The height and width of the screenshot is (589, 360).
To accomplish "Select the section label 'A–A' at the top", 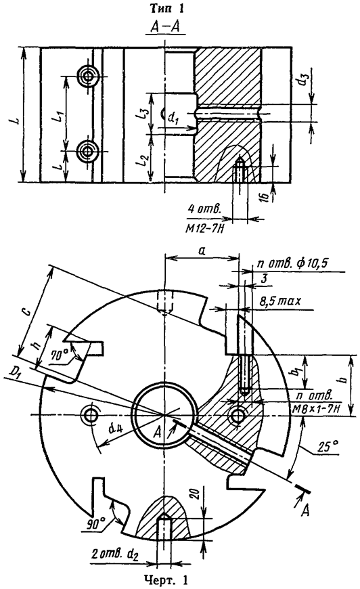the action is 166,27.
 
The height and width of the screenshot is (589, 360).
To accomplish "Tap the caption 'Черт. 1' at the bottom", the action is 166,580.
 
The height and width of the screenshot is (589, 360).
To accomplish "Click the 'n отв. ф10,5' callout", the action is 293,264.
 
